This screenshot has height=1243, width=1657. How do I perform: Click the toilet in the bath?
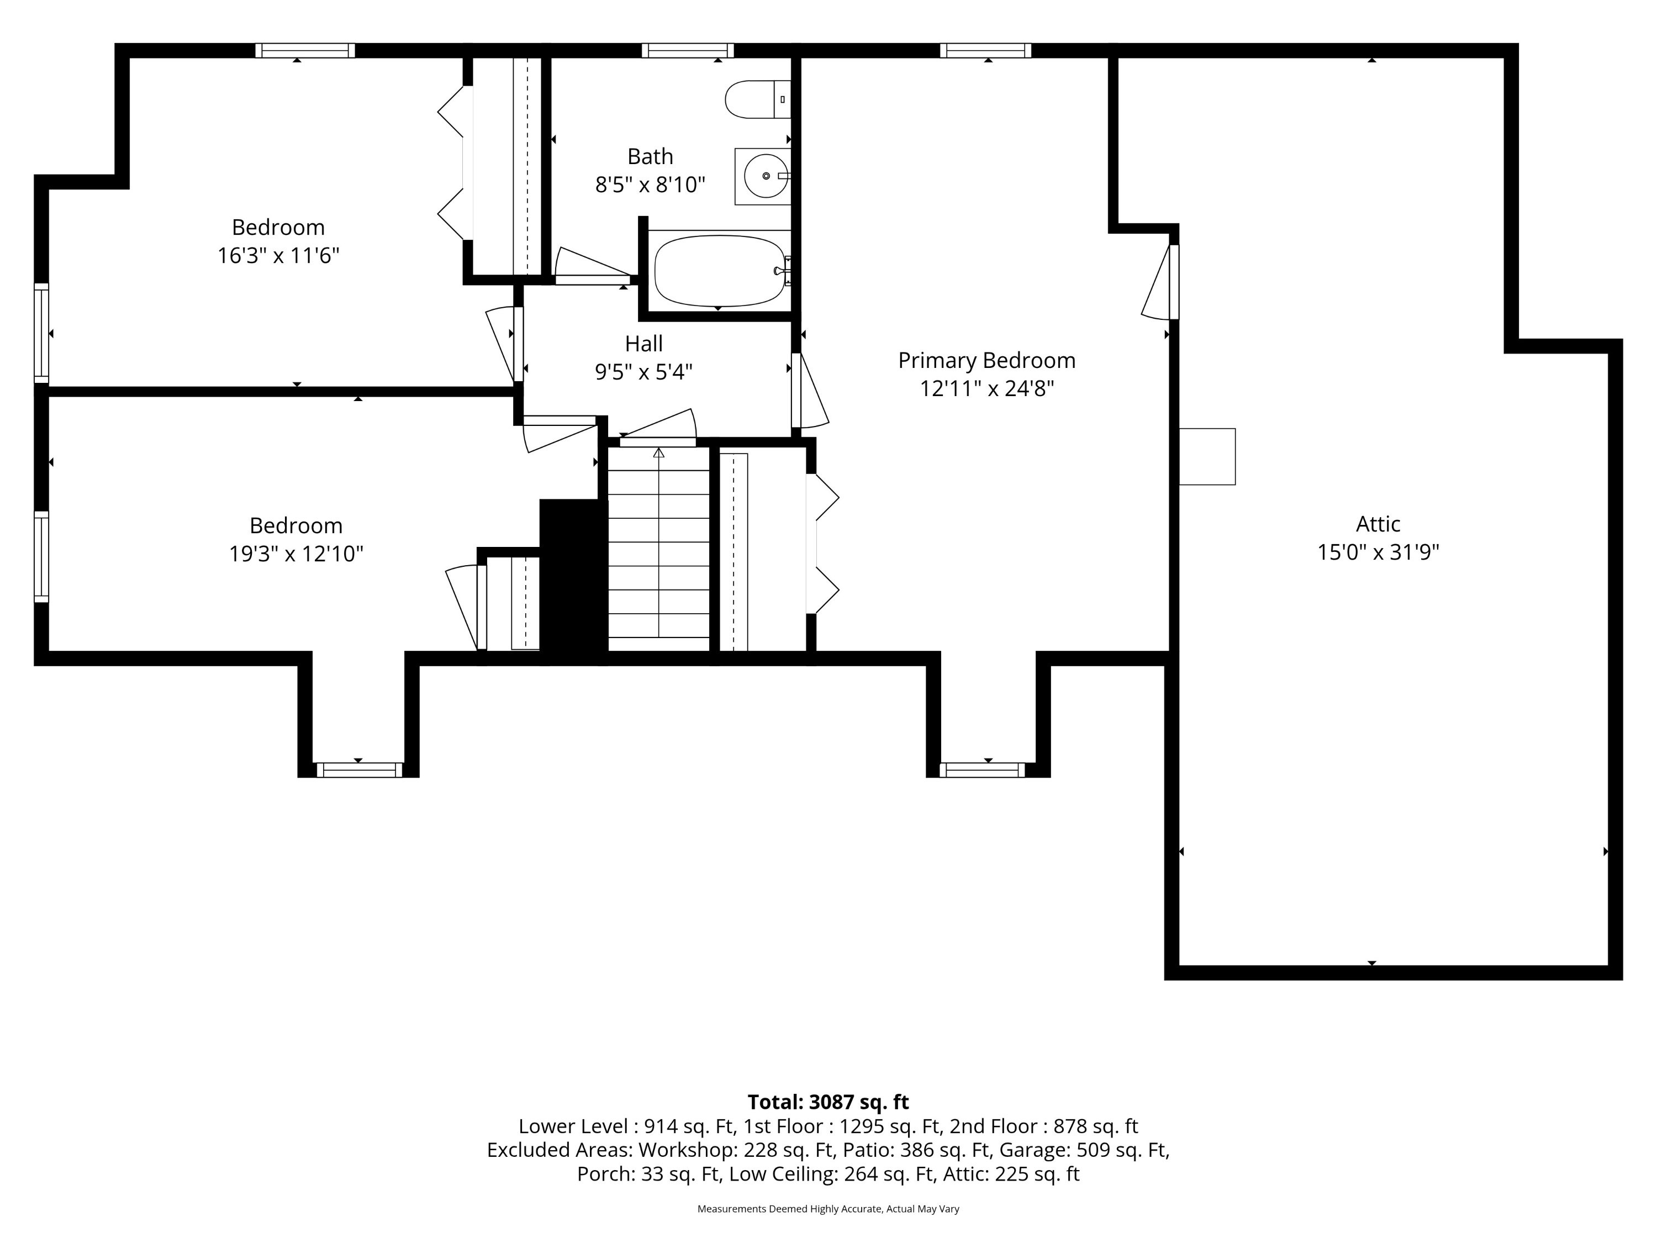pyautogui.click(x=757, y=99)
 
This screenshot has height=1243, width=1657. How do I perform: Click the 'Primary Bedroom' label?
pyautogui.click(x=986, y=360)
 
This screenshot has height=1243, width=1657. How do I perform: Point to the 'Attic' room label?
pyautogui.click(x=1378, y=523)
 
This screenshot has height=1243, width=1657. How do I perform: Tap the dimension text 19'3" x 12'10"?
pyautogui.click(x=296, y=554)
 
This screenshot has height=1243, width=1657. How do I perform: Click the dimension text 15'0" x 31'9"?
pyautogui.click(x=1378, y=552)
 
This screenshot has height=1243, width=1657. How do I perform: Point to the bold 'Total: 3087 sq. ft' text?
pyautogui.click(x=828, y=1102)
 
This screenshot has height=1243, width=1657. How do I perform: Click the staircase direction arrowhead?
pyautogui.click(x=658, y=452)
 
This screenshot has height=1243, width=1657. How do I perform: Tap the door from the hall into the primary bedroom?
pyautogui.click(x=810, y=391)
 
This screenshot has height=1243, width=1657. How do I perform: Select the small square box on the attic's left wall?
pyautogui.click(x=1207, y=456)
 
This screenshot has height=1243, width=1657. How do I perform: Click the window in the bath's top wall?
pyautogui.click(x=687, y=50)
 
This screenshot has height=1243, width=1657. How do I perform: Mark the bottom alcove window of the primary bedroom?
pyautogui.click(x=982, y=770)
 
